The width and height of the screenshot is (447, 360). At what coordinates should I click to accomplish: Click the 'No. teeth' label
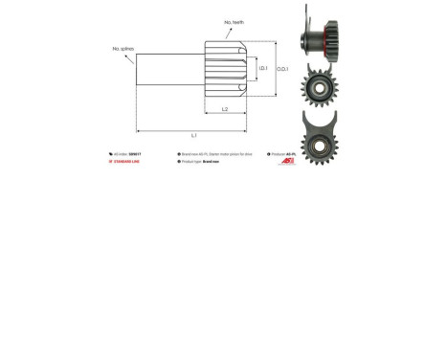tap(234, 22)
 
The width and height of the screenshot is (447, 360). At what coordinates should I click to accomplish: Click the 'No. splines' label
tap(123, 49)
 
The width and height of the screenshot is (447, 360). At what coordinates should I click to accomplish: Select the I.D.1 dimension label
tap(262, 68)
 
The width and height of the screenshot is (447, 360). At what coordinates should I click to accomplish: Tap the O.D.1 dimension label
tap(282, 69)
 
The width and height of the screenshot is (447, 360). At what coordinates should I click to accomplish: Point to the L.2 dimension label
tap(225, 109)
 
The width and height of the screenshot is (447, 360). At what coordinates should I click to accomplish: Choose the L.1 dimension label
tap(194, 135)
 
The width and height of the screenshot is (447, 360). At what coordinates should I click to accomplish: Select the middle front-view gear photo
tap(318, 86)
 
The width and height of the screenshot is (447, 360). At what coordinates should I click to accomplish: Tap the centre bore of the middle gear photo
tap(318, 87)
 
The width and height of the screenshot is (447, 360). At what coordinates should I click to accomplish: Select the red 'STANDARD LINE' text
tap(126, 162)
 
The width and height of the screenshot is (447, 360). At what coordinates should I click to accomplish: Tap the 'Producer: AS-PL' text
tap(283, 154)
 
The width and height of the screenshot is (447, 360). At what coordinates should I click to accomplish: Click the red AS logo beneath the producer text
tap(287, 162)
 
